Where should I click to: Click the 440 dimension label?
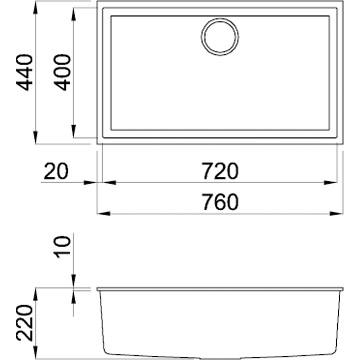click(25, 73)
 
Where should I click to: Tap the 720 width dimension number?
click(220, 172)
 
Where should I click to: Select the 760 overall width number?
click(220, 203)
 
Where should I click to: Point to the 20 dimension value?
click(55, 172)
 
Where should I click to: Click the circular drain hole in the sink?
click(220, 37)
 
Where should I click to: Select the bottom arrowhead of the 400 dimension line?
click(73, 131)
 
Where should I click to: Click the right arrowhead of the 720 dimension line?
click(331, 183)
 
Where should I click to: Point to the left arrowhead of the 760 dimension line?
click(104, 213)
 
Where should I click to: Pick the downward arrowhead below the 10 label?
click(73, 281)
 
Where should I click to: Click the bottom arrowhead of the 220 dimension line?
click(36, 353)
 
